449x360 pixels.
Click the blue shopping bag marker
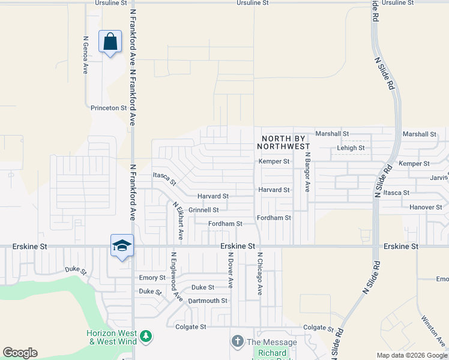click(x=110, y=42)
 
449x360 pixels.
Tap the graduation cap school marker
click(x=122, y=245)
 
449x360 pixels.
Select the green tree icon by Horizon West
click(x=145, y=337)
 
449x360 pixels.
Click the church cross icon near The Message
click(x=237, y=341)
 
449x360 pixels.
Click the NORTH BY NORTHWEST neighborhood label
click(x=285, y=142)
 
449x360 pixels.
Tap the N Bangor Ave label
click(x=307, y=172)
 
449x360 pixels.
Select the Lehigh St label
click(x=351, y=148)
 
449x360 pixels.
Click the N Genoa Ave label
click(x=85, y=55)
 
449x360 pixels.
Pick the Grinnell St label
click(x=203, y=210)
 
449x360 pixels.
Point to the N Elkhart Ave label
click(x=178, y=221)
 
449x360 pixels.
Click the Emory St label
click(x=152, y=278)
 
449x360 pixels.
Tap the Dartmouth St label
click(x=208, y=301)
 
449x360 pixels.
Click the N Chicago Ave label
click(x=260, y=273)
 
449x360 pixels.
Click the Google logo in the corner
click(x=20, y=353)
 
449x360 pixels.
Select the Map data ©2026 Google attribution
click(x=411, y=355)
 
